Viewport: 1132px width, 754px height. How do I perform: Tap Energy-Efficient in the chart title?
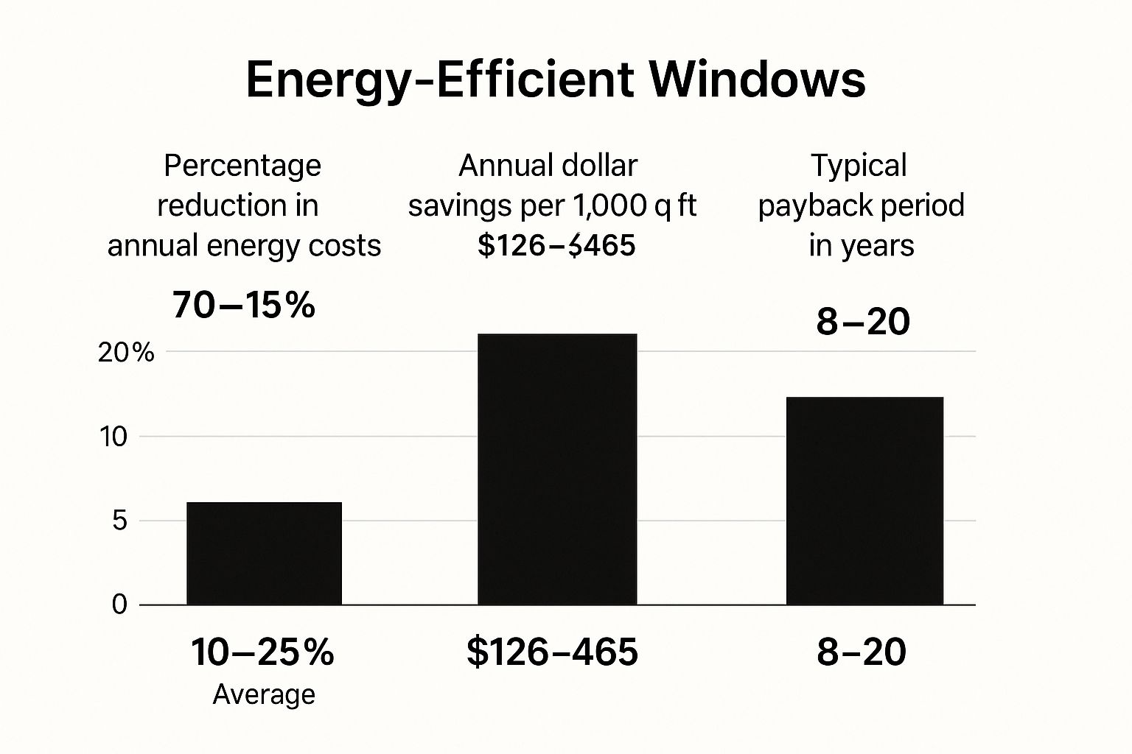(x=439, y=80)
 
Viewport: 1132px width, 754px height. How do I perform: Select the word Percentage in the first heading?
(x=242, y=166)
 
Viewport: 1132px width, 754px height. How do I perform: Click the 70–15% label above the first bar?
(x=244, y=305)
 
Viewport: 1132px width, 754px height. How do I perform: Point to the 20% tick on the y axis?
(x=126, y=353)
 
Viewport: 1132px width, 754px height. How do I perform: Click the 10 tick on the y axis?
(x=114, y=437)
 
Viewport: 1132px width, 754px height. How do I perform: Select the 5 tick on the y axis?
(x=119, y=521)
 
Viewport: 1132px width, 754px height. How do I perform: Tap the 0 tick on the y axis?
(x=119, y=605)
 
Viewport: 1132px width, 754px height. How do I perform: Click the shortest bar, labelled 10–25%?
(x=264, y=554)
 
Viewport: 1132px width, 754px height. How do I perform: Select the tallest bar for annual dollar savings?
(x=557, y=469)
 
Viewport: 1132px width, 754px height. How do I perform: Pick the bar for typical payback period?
(x=864, y=501)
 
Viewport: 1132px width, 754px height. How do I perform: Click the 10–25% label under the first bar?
(x=262, y=652)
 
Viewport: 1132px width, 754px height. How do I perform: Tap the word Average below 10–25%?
(x=264, y=694)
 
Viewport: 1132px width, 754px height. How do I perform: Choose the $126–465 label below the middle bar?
(x=552, y=652)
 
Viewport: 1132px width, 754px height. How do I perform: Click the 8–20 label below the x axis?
(x=862, y=652)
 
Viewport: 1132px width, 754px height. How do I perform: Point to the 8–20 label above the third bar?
(x=863, y=322)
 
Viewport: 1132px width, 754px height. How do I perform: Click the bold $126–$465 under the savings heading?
(x=556, y=245)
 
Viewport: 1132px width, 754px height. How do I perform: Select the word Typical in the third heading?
(x=859, y=166)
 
